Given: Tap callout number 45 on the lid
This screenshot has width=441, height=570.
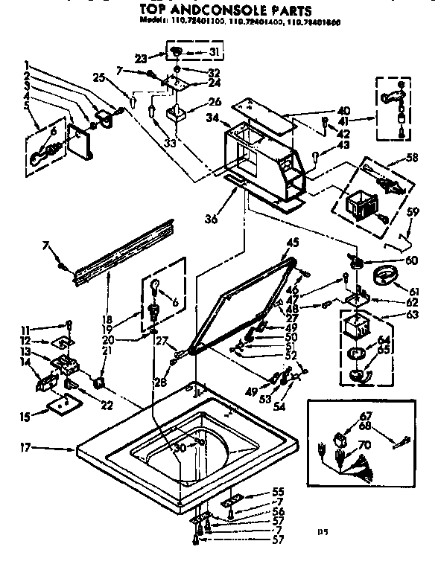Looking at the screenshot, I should [x=291, y=242].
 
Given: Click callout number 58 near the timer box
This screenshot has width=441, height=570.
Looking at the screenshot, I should [x=410, y=158].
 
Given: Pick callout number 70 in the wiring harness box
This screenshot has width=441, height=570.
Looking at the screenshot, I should [x=365, y=446].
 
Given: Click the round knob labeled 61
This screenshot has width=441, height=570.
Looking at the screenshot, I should [x=384, y=280].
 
